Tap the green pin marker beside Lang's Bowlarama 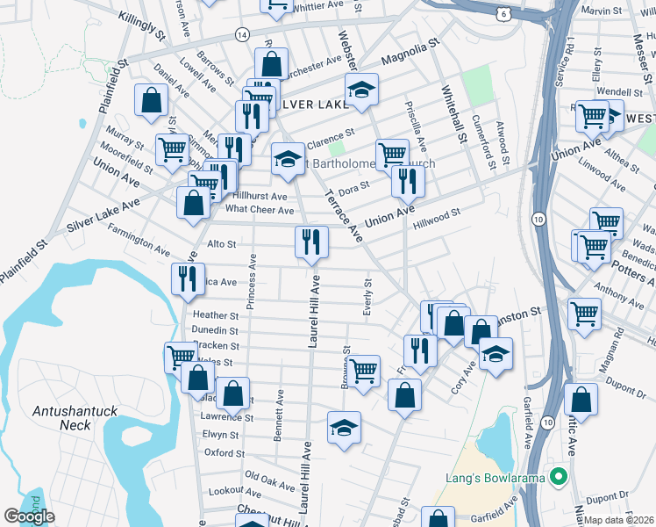click(x=558, y=478)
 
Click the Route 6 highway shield click(x=503, y=13)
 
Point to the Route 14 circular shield click(x=241, y=33)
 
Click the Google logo click(x=29, y=516)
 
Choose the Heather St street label click(x=216, y=315)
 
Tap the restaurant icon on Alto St click(x=311, y=242)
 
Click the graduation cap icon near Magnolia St click(x=360, y=90)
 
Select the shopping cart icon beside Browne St click(x=363, y=371)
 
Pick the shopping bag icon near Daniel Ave click(x=151, y=100)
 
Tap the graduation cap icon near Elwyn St click(x=344, y=429)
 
